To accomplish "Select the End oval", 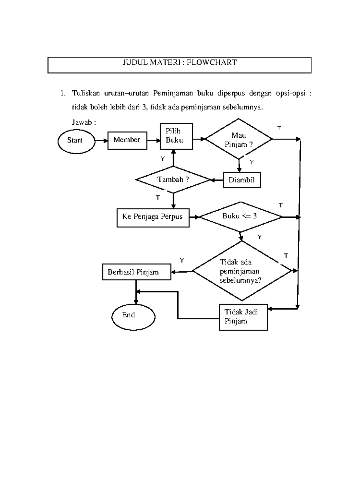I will pos(133,317).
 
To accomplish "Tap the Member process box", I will pos(127,140).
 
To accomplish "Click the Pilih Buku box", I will pos(176,136).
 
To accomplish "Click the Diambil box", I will pos(242,180).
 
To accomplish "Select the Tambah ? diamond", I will pos(173,180).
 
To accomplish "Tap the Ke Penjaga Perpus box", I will pos(153,217).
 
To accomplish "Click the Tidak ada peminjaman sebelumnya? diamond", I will pos(242,271).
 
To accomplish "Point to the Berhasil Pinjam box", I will pos(136,272).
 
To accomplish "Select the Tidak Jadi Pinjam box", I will pos(243,317).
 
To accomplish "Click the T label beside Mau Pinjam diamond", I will pos(279,128).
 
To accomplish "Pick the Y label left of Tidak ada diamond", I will pos(182,260).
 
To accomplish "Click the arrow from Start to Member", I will pos(101,140).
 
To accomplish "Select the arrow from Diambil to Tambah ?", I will pos(217,180).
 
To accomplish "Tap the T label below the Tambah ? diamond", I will pos(158,198).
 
